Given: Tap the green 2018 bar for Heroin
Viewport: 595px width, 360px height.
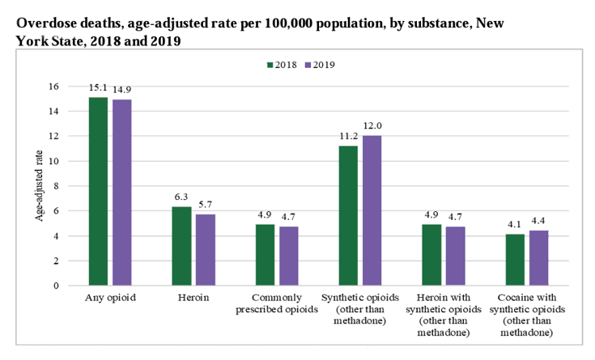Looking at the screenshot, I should click(182, 246).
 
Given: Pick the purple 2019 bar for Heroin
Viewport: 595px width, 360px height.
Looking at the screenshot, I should click(205, 250).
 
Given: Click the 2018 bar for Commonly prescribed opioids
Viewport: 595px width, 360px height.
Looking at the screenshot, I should click(266, 255).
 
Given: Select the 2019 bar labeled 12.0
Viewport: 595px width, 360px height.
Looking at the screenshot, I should click(372, 210).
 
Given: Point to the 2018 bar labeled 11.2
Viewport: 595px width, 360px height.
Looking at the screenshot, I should click(349, 215).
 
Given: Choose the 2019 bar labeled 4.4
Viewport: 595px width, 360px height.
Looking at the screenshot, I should click(538, 258).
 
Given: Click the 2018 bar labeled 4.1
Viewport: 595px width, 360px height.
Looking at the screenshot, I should click(516, 260).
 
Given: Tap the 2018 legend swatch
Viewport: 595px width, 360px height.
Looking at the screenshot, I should click(270, 64).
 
